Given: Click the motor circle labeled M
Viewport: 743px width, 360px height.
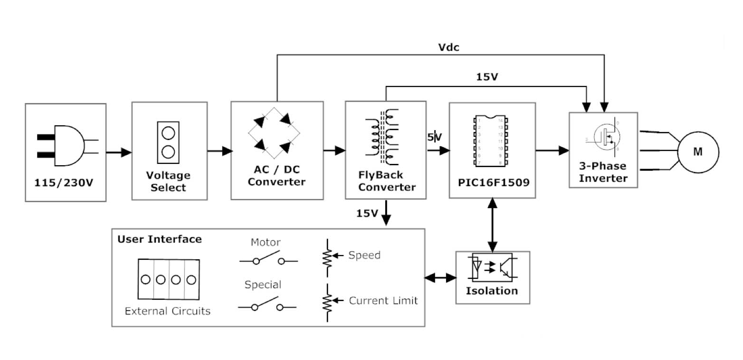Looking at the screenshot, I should point(697,152).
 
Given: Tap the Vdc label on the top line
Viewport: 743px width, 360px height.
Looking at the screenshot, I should point(448,47).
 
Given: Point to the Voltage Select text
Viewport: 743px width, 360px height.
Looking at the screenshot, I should point(168,181).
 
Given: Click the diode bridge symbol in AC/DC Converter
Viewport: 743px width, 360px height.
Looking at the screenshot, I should point(276,133).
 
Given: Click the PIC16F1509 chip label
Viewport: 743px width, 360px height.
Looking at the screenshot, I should point(492,182).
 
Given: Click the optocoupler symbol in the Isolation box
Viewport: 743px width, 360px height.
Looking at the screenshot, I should point(492,267).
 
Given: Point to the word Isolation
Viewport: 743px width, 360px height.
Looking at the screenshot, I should point(492,291).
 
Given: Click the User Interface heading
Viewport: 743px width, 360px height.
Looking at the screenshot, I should point(160,239).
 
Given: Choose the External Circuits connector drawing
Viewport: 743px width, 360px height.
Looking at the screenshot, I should point(168,279).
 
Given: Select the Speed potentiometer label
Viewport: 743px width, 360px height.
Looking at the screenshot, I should point(364,255).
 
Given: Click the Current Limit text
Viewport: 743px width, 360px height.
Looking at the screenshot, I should point(383,301).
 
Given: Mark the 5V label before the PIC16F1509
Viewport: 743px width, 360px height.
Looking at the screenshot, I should point(434,137).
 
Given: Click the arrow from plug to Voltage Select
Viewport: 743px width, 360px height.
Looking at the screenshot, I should point(119,152).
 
